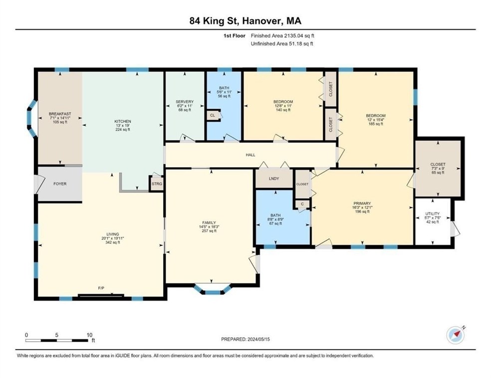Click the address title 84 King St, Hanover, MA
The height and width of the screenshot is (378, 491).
tap(245, 20)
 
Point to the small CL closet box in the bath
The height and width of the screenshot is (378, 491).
tap(213, 115)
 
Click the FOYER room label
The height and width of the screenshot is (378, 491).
tap(60, 184)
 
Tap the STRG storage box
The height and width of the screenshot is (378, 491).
tap(157, 184)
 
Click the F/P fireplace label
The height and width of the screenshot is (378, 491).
tap(101, 289)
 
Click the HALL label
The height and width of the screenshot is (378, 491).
tap(250, 155)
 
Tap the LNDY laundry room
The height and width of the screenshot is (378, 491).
tap(273, 179)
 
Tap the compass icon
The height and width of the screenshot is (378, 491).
tap(455, 336)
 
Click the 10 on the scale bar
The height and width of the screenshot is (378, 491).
tap(90, 335)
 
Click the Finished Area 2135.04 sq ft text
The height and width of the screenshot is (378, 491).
tap(282, 35)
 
